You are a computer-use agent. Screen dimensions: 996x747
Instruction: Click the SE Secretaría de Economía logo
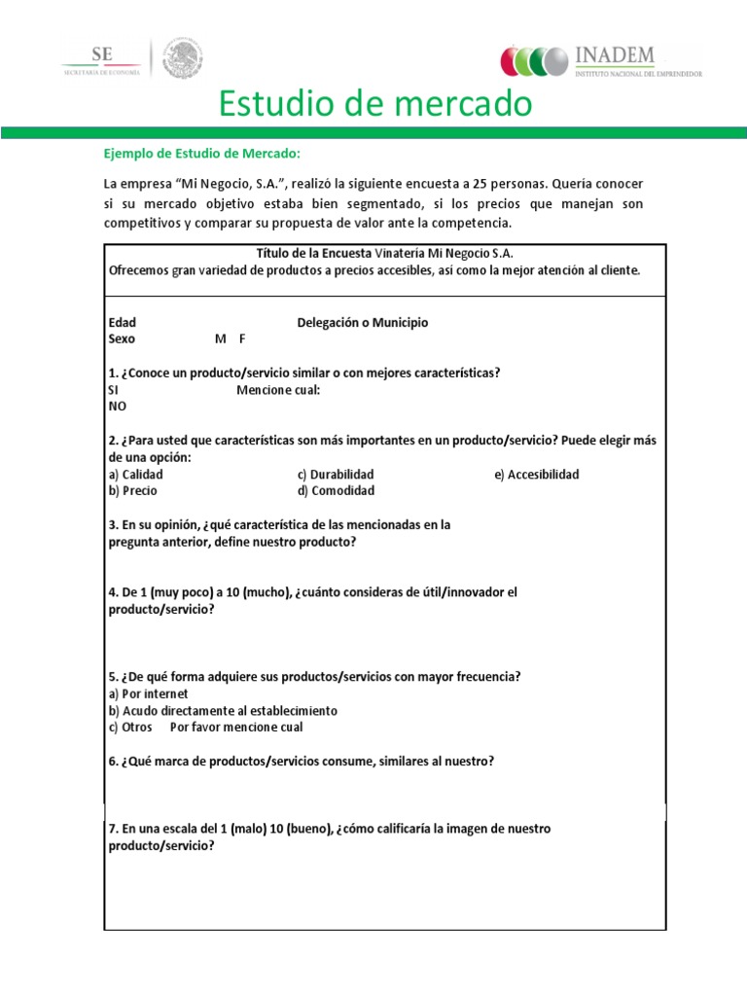point(101,59)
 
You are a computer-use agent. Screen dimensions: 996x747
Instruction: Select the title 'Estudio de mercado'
point(373,103)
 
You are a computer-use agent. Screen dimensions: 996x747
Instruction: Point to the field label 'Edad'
point(122,323)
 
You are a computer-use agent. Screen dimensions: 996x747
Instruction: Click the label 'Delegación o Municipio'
point(362,323)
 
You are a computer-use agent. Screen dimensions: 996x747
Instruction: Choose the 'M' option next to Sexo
point(220,339)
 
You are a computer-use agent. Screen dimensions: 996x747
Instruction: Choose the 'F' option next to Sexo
point(242,339)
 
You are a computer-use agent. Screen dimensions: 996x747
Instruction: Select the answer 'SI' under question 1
point(114,390)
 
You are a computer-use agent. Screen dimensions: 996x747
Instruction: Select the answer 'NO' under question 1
point(117,407)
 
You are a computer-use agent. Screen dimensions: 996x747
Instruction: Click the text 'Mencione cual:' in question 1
point(277,390)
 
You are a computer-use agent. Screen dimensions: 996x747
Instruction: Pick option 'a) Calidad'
point(135,475)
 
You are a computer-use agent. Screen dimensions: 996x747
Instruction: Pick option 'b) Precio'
point(132,491)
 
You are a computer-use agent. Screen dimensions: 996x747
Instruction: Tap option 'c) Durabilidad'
point(336,475)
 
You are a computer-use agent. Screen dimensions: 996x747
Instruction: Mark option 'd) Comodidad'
point(336,491)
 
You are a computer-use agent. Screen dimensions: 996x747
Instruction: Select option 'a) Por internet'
point(148,694)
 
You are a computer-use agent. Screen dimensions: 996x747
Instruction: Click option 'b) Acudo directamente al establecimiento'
point(223,710)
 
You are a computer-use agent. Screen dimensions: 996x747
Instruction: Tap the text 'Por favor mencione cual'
point(236,727)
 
